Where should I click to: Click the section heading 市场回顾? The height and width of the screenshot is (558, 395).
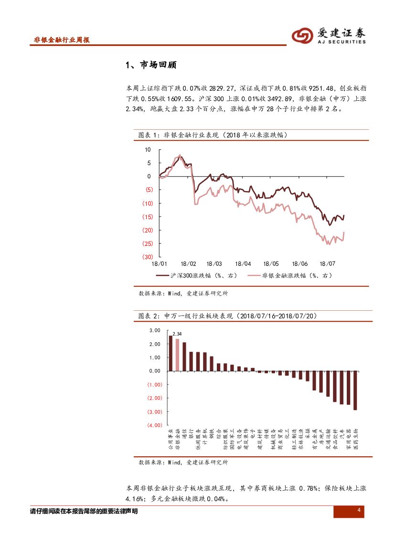pyautogui.click(x=151, y=65)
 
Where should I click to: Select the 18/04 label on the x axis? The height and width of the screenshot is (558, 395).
pyautogui.click(x=243, y=264)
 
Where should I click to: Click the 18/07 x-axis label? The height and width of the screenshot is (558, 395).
pyautogui.click(x=327, y=264)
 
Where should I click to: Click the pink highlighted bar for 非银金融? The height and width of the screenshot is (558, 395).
pyautogui.click(x=177, y=355)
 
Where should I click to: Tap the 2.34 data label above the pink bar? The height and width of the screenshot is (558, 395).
pyautogui.click(x=177, y=334)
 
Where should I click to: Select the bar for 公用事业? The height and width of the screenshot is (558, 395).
pyautogui.click(x=171, y=353)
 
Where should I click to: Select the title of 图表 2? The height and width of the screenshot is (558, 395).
pyautogui.click(x=227, y=316)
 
